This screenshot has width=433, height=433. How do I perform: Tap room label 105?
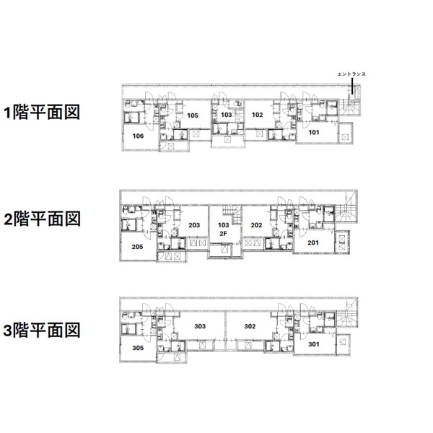(x=193, y=115)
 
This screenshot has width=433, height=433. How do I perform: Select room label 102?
(x=257, y=114)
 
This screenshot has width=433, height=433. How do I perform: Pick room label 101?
(x=314, y=132)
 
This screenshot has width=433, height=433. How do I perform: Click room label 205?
(x=138, y=246)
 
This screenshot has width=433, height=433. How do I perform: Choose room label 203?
(x=194, y=225)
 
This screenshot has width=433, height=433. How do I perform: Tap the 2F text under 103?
(x=224, y=234)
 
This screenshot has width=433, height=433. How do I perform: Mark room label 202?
(x=256, y=225)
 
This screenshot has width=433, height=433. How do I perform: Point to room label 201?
(x=313, y=242)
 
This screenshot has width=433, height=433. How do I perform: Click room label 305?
(x=138, y=347)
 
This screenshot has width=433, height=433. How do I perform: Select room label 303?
(x=200, y=326)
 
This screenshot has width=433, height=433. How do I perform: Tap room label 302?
(x=250, y=326)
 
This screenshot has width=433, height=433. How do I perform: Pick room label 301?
(x=313, y=344)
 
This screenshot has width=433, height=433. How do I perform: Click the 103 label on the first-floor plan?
(x=226, y=115)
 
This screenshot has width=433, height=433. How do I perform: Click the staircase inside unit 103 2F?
(x=229, y=213)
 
